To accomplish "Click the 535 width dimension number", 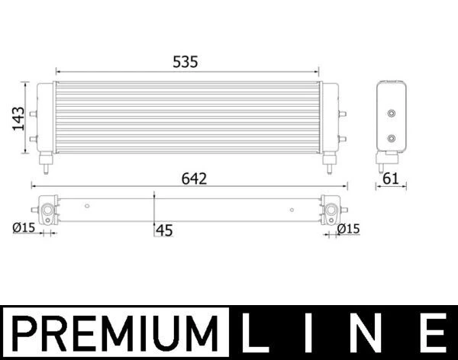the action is point(185,62).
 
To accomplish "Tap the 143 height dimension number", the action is point(18,118).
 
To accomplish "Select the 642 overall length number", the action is point(194,178).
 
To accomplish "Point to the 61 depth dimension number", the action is point(391,178).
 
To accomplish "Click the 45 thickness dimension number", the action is point(164,230).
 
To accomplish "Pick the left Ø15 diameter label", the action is point(24,228).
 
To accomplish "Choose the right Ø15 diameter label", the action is point(348,229).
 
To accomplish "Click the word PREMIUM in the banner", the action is point(114,333).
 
